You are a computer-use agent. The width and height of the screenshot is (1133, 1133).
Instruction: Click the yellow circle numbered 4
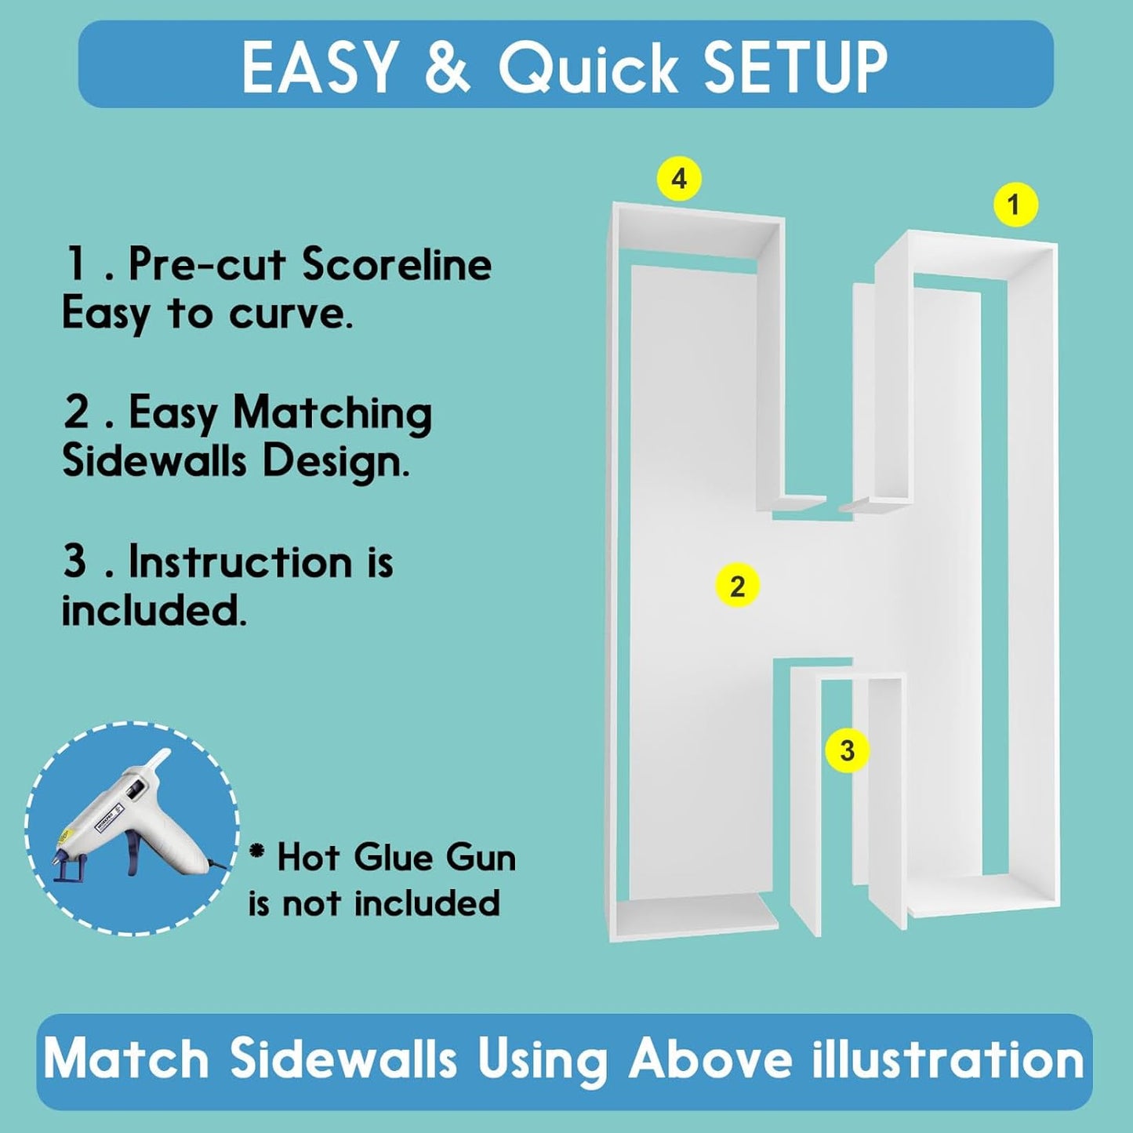pyautogui.click(x=679, y=178)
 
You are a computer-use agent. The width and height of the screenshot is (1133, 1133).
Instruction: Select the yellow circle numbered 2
pyautogui.click(x=737, y=586)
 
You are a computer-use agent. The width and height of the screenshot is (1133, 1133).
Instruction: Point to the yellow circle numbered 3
pyautogui.click(x=848, y=751)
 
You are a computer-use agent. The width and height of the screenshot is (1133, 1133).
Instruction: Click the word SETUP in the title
pyautogui.click(x=796, y=67)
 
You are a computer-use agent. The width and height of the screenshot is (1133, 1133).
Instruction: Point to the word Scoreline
pyautogui.click(x=397, y=264)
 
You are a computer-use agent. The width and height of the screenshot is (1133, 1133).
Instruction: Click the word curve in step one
pyautogui.click(x=290, y=314)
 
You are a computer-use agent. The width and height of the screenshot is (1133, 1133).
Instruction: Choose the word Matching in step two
pyautogui.click(x=332, y=416)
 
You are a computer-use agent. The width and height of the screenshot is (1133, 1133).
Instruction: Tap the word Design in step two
pyautogui.click(x=336, y=464)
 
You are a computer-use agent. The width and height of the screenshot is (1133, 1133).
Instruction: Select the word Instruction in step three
pyautogui.click(x=241, y=563)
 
